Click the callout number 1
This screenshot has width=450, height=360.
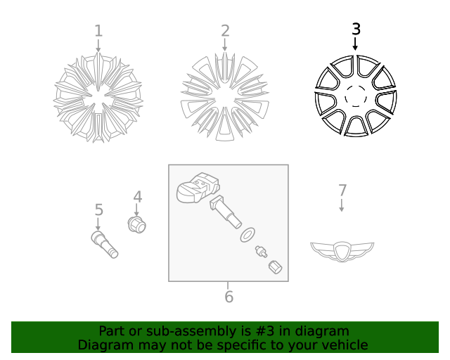click(98, 31)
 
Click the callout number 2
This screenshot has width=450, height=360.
click(225, 31)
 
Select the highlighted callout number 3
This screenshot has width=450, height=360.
click(356, 29)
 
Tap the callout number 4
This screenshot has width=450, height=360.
click(138, 198)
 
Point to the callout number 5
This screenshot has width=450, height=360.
click(98, 210)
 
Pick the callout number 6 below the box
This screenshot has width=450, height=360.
click(229, 297)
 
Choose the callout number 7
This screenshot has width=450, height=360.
click(342, 191)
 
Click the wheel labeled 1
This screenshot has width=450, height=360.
click(98, 97)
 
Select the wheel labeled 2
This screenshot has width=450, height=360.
click(225, 97)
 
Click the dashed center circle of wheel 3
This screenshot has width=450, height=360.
click(355, 96)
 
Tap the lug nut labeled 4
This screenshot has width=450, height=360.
click(136, 224)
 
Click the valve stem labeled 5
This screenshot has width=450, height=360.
click(104, 243)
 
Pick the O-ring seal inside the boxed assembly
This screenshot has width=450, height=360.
click(247, 234)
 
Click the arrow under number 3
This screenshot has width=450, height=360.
click(355, 44)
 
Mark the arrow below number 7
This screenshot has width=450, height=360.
click(342, 205)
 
